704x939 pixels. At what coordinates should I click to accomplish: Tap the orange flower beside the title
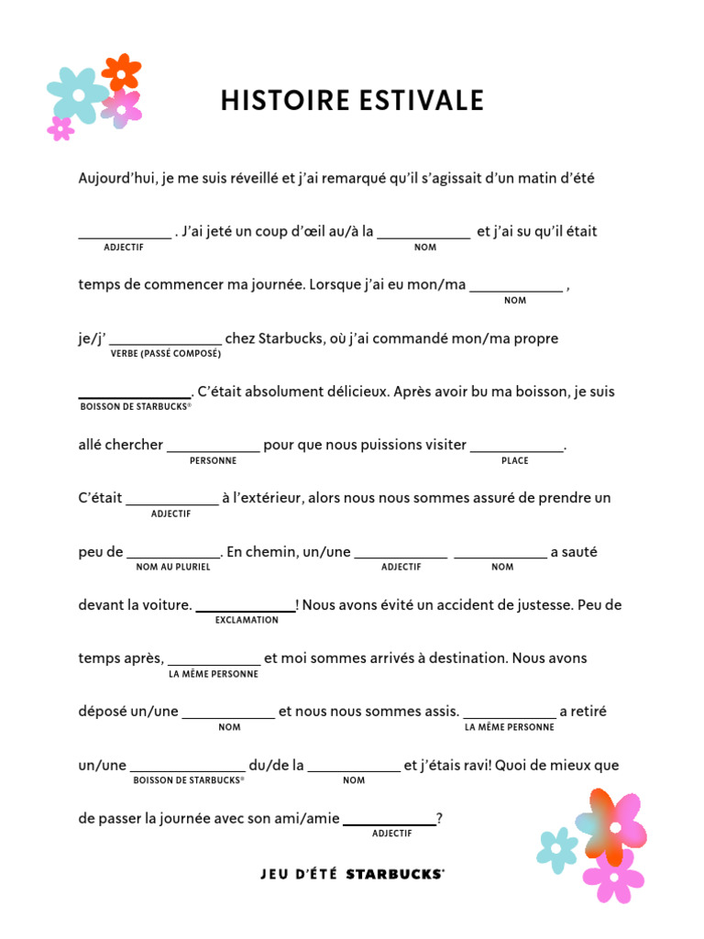pos(121,72)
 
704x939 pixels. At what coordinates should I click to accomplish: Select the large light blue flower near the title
pos(78,94)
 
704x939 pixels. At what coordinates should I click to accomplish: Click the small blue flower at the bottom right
pos(556,849)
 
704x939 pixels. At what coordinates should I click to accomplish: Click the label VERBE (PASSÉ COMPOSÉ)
pos(165,353)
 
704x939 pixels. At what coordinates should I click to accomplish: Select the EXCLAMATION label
pos(247,620)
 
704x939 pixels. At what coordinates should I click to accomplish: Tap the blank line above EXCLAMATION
pos(246,609)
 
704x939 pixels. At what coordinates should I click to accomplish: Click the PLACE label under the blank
pos(514,460)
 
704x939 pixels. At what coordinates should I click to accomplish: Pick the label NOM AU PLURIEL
pos(173,567)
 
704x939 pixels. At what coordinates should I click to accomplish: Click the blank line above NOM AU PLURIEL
pos(173,556)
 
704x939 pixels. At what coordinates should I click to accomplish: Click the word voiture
pos(165,605)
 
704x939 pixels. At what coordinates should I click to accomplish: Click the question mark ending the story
pos(440,819)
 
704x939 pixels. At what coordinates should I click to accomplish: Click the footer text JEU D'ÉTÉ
pos(299,874)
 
